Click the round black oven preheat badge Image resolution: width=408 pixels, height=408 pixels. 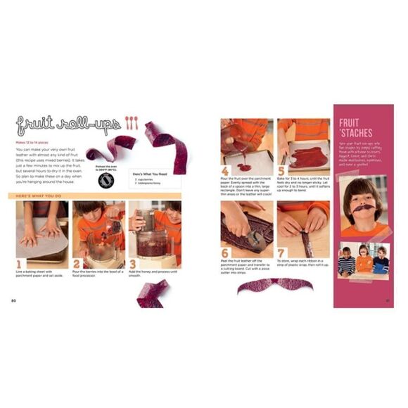point(106,179)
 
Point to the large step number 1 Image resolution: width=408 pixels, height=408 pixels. point(18,264)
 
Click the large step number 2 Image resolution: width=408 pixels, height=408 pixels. point(76,264)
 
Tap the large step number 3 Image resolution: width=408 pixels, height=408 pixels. point(132,264)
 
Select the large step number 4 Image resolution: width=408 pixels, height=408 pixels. point(225,171)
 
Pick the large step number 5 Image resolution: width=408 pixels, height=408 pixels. point(281,171)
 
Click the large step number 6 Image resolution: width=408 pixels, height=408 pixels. point(225,253)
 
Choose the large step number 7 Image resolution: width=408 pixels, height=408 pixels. point(281,253)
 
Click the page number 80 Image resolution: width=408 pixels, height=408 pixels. point(13,301)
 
